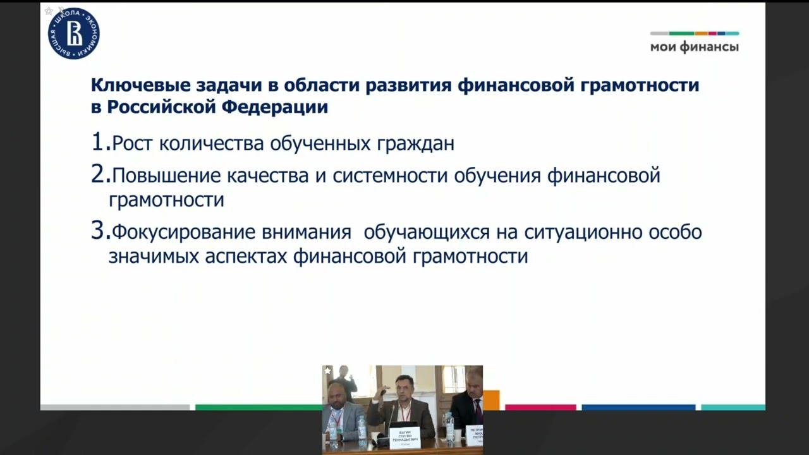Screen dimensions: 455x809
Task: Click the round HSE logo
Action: (74, 33)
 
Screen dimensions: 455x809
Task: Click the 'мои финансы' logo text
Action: (694, 47)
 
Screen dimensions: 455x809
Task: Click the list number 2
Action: (99, 174)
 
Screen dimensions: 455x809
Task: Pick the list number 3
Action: (99, 231)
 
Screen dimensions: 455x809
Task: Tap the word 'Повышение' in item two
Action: (166, 175)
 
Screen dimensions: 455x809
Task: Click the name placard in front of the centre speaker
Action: (404, 437)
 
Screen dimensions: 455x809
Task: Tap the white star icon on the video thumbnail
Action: (327, 371)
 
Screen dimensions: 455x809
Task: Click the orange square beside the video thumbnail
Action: (491, 400)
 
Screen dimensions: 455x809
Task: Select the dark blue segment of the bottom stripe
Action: (638, 408)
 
